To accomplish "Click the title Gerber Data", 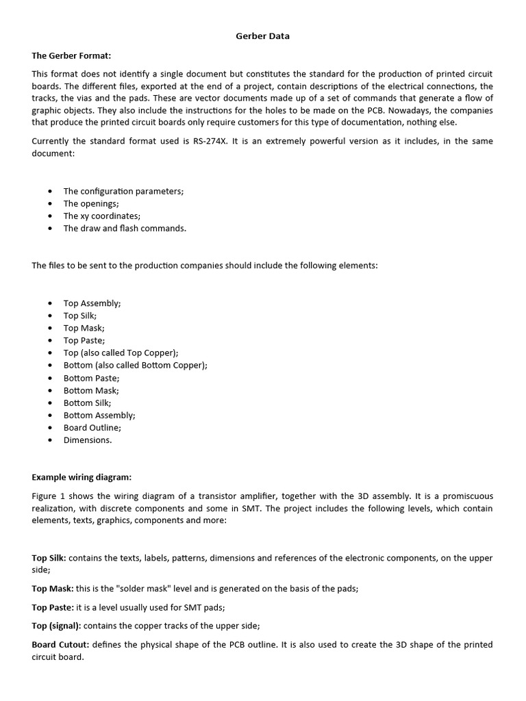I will [262, 36].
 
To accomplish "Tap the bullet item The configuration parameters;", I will [123, 191].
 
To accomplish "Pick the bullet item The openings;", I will [91, 203].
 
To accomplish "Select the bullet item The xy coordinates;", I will [102, 216].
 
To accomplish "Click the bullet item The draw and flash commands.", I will [125, 228].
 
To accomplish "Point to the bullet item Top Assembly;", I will [92, 303].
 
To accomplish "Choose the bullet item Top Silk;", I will [80, 316].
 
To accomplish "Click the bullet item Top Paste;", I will [84, 340].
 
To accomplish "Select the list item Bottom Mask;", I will [91, 390].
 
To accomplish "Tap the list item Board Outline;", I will [92, 427].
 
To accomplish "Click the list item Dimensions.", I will [88, 440].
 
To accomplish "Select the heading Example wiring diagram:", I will [82, 477].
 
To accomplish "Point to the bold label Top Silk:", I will [49, 558].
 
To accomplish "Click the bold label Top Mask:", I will [52, 589].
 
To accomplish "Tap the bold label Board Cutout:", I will [60, 645].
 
